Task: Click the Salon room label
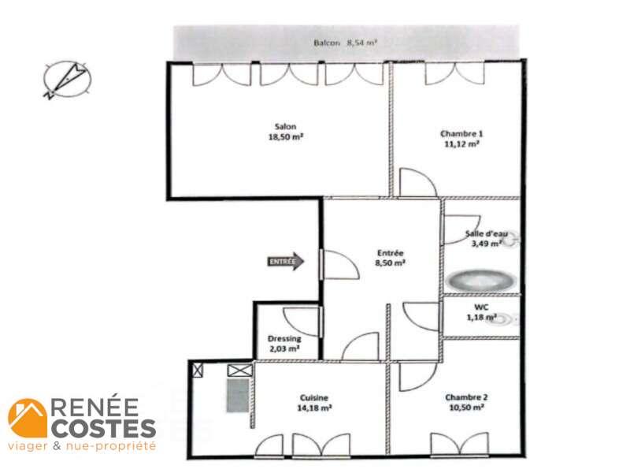285,126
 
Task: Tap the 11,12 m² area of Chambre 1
461,143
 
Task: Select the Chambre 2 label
466,397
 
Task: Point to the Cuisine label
313,398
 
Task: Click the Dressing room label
284,339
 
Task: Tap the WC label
481,307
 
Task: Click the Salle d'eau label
486,233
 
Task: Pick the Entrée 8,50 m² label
390,258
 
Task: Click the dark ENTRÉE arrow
286,262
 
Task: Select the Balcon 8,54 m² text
345,43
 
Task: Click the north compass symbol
67,80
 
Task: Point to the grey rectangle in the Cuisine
238,396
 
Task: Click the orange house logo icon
28,418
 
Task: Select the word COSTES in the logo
104,428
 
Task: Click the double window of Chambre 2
460,445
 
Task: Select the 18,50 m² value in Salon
285,136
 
